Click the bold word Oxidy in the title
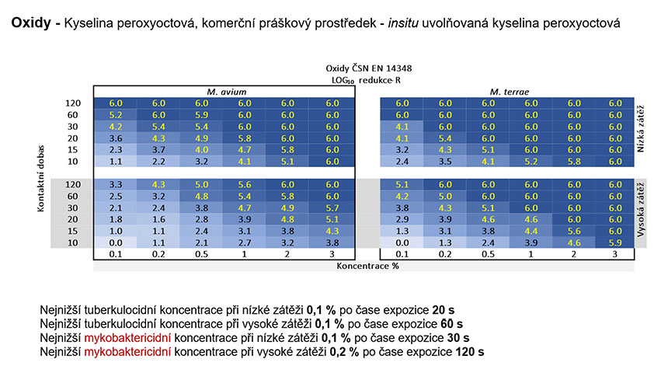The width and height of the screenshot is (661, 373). pyautogui.click(x=31, y=23)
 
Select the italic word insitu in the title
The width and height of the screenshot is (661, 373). pyautogui.click(x=403, y=23)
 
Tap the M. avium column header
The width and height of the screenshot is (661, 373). pyautogui.click(x=226, y=92)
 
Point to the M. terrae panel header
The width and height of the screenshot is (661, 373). pyautogui.click(x=510, y=92)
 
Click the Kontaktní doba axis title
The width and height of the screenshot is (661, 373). pyautogui.click(x=40, y=179)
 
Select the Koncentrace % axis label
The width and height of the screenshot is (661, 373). pyautogui.click(x=367, y=266)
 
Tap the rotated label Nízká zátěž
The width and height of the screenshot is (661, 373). pyautogui.click(x=640, y=128)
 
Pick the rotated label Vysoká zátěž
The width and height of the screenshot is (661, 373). pyautogui.click(x=640, y=210)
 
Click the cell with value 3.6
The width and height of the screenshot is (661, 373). pyautogui.click(x=115, y=138)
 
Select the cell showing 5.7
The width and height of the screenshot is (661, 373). pyautogui.click(x=332, y=207)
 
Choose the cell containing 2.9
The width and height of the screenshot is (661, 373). pyautogui.click(x=402, y=219)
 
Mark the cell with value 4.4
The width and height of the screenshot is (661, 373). pyautogui.click(x=531, y=231)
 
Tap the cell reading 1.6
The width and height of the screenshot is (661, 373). pyautogui.click(x=158, y=219)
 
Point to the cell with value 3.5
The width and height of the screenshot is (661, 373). pyautogui.click(x=445, y=161)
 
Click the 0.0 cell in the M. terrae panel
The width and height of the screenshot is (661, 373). pyautogui.click(x=402, y=242)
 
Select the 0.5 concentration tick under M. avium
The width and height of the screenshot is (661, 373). pyautogui.click(x=201, y=254)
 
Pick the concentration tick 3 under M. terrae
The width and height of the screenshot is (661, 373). pyautogui.click(x=614, y=254)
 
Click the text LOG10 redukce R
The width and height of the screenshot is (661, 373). pyautogui.click(x=366, y=80)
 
